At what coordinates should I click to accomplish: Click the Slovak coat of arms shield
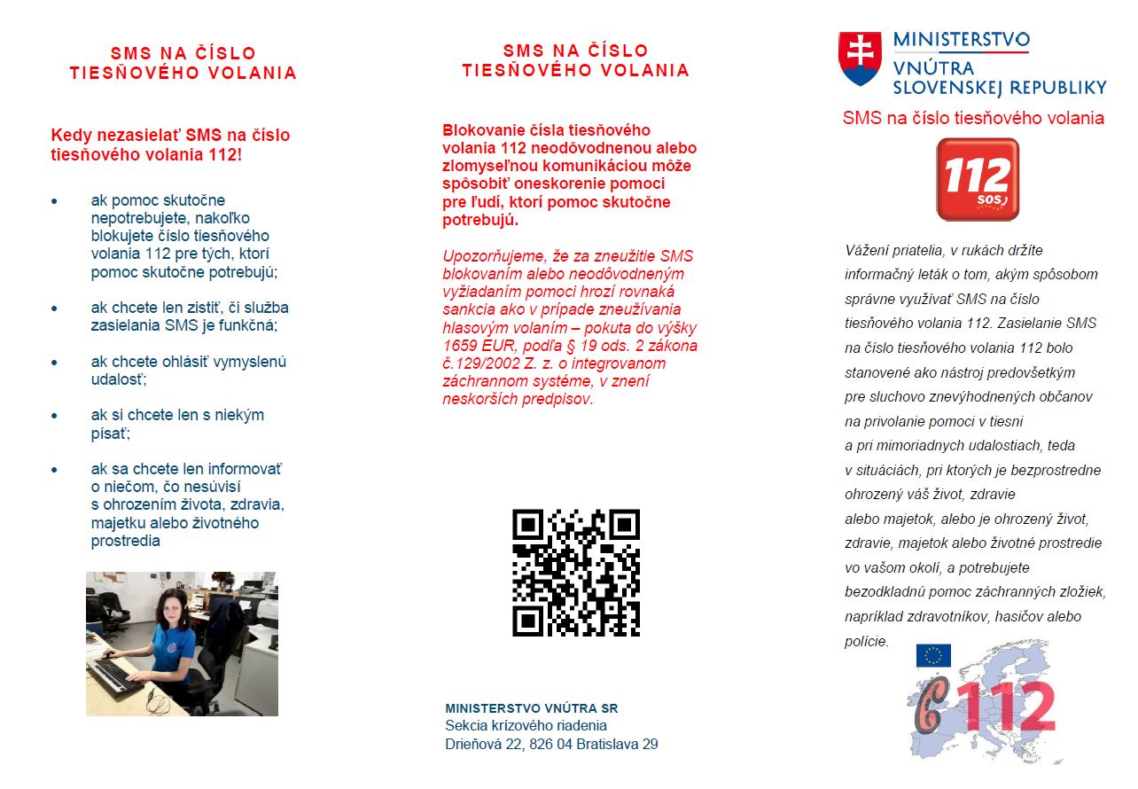point(860,59)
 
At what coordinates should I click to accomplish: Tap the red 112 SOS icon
point(978,178)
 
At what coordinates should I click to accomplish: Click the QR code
point(576,572)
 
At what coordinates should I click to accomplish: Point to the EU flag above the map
point(933,655)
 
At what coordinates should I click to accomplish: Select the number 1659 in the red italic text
point(461,345)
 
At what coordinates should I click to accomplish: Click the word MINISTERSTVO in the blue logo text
point(961,40)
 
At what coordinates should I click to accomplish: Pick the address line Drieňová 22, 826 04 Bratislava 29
point(551,744)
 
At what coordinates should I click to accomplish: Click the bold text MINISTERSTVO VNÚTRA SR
point(531,708)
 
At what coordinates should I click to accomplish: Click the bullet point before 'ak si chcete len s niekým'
point(55,415)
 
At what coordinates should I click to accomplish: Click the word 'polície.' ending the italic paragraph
point(866,641)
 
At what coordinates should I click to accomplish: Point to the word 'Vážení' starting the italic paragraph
point(866,250)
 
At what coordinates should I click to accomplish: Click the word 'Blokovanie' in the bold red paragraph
point(479,130)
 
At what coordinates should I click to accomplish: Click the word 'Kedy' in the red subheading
point(68,136)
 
